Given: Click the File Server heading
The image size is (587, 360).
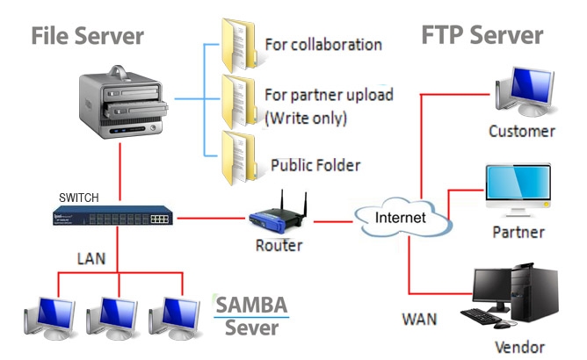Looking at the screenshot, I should [87, 37].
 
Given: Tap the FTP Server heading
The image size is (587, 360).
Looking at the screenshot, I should [482, 35].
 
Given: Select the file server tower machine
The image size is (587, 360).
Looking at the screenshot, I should [122, 105].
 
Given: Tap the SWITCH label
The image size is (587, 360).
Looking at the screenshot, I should [80, 197].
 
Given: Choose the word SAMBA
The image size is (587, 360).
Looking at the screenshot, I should [252, 306].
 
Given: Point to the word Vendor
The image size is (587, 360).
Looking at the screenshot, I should [519, 347].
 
